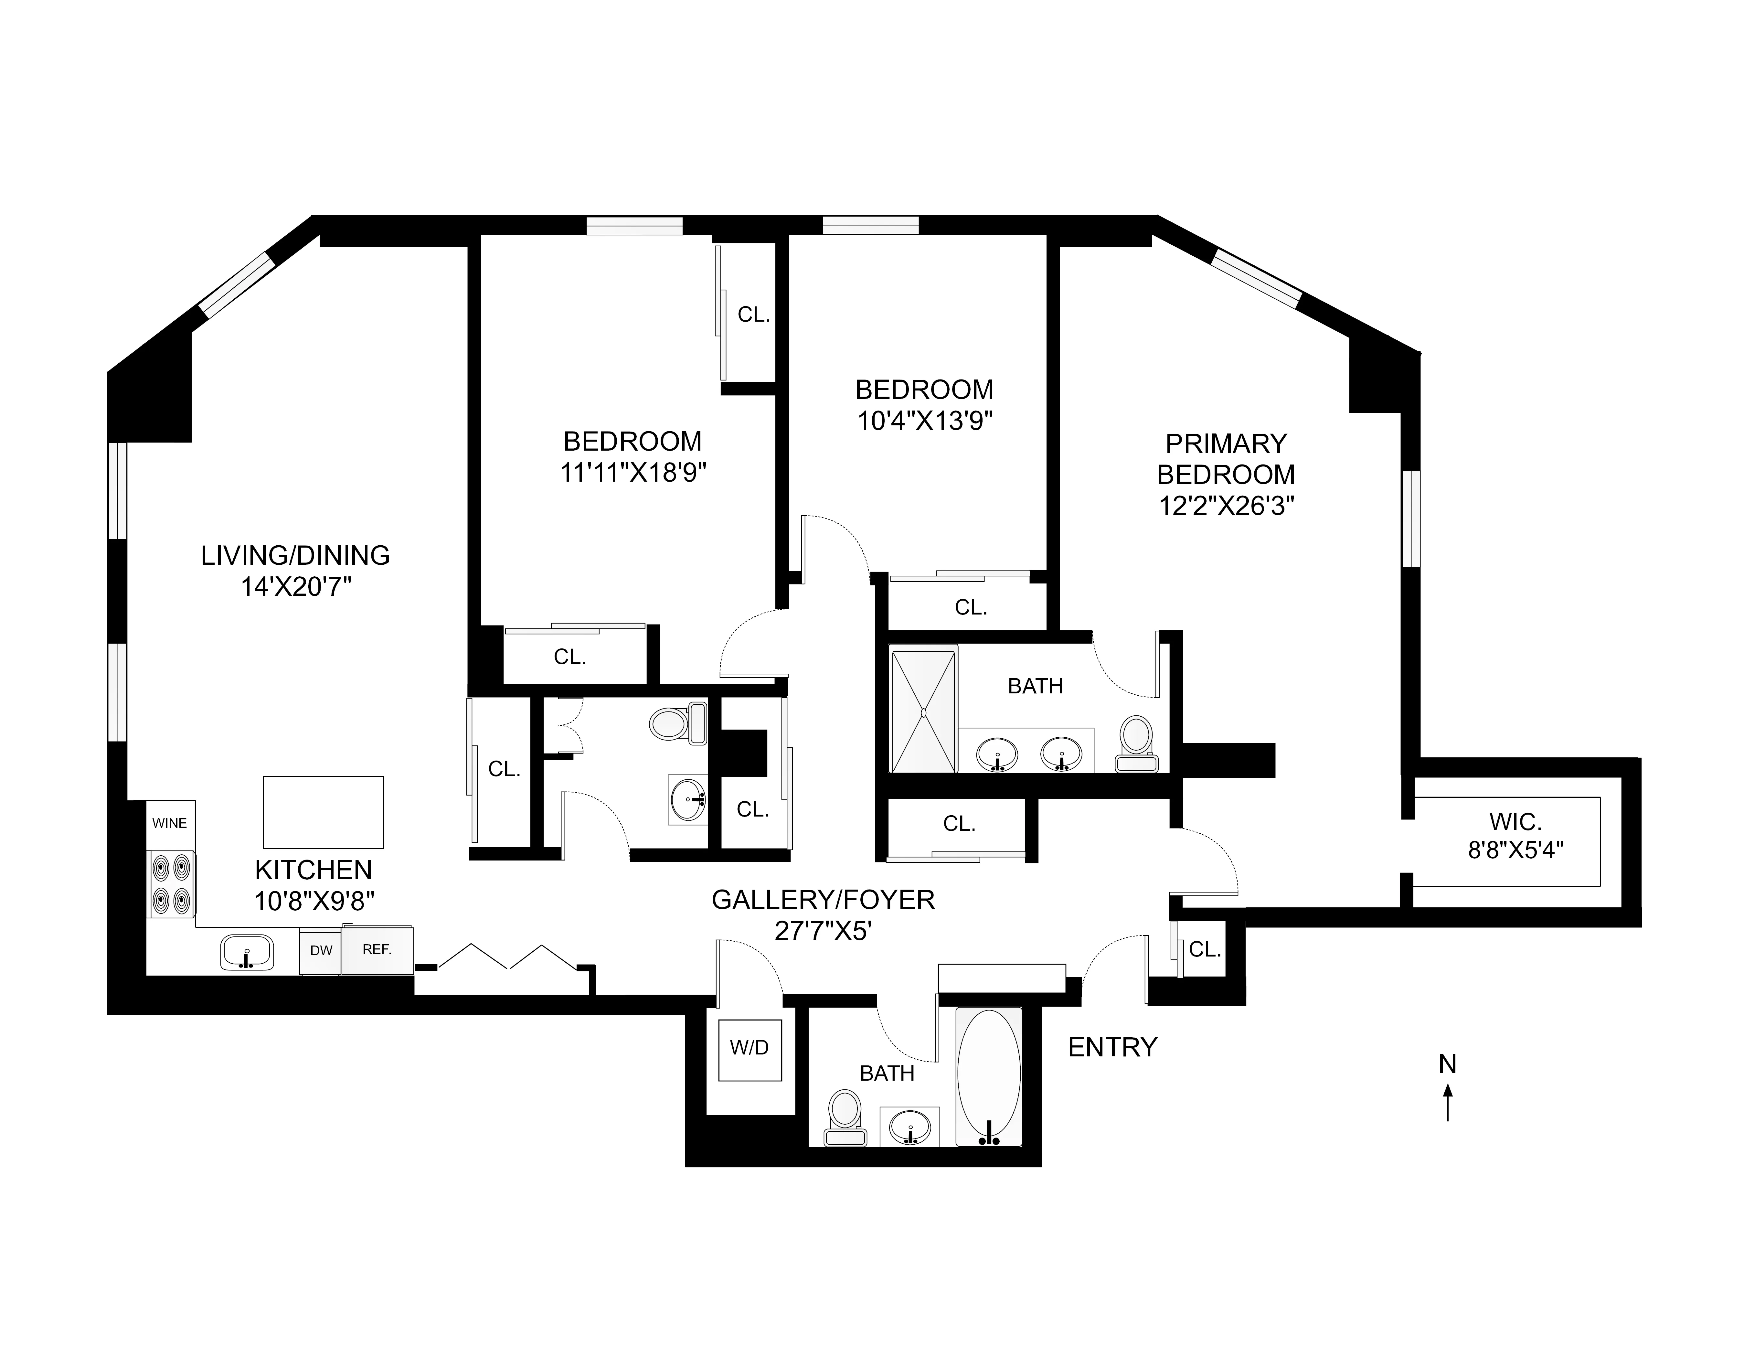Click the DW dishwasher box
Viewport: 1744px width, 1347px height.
tap(321, 950)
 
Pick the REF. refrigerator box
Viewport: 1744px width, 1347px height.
tap(377, 949)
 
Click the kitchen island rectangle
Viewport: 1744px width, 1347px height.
tap(324, 812)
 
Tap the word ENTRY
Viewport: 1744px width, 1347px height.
tap(1112, 1047)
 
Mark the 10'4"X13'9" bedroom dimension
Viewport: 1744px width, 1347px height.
tap(925, 421)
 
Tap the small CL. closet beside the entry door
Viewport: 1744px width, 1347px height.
tap(1204, 949)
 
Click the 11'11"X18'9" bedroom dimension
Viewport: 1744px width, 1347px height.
tap(633, 473)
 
